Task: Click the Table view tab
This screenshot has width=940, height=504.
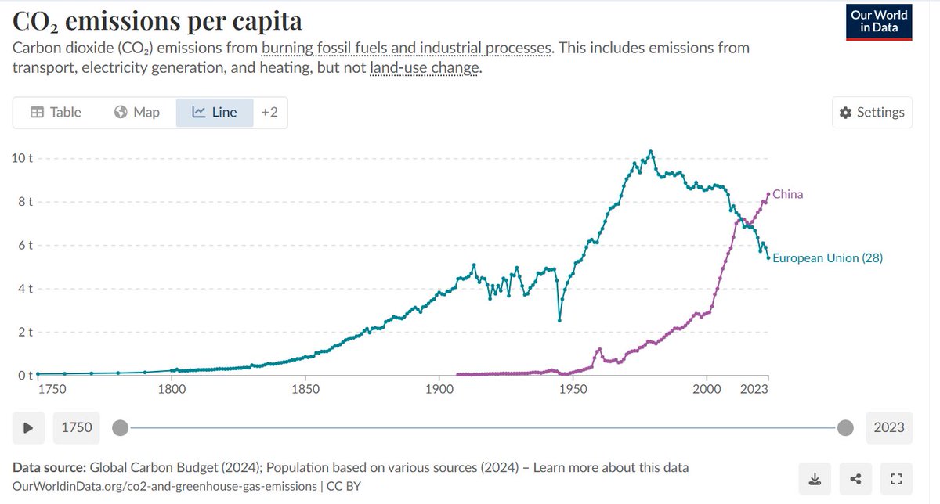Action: (56, 113)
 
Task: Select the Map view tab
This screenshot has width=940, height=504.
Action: (137, 113)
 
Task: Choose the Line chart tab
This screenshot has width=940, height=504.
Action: (215, 113)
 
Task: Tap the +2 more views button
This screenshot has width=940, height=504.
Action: (269, 113)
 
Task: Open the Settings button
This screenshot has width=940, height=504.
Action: (872, 113)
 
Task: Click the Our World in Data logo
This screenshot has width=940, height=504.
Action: (879, 22)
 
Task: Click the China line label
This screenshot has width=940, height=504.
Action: (788, 194)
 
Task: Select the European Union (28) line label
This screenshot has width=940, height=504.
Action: (827, 258)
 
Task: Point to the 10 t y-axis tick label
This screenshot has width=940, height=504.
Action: (22, 158)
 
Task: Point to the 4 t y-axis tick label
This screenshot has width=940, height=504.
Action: (25, 289)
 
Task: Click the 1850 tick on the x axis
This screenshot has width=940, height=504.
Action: (305, 389)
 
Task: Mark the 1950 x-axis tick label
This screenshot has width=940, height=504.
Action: (573, 389)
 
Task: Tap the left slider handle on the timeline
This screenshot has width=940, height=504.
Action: (120, 428)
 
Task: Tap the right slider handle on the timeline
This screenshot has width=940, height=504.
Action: (845, 428)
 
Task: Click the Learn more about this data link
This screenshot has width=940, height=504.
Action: (610, 467)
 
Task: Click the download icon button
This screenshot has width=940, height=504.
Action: (815, 479)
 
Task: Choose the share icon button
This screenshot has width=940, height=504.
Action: (855, 479)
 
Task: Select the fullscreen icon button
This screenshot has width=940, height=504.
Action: (896, 479)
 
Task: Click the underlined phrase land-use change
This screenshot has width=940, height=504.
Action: (425, 67)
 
